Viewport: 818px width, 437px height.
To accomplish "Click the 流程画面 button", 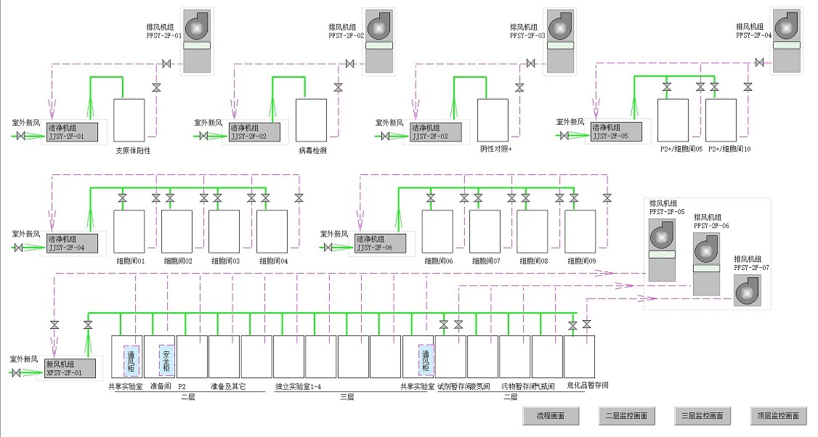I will pos(551,416).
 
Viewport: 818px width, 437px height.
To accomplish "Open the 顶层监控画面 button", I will pos(778,416).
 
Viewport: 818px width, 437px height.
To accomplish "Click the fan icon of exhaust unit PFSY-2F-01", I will pos(198,28).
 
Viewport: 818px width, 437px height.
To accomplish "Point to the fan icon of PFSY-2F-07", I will pos(748,291).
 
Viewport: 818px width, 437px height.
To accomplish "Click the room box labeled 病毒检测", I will pos(311,119).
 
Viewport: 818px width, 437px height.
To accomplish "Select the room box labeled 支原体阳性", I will pos(129,119).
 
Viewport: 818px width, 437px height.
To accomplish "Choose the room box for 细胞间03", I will pos(224,231).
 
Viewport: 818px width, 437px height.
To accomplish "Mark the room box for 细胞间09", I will pos(580,231).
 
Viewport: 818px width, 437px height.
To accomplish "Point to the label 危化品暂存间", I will pos(588,386).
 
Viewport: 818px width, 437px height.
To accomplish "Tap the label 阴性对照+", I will pos(496,150).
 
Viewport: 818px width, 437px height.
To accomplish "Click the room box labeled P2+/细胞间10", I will pos(721,119).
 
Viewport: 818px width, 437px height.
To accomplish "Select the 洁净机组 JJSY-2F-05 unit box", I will pos(616,131).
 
